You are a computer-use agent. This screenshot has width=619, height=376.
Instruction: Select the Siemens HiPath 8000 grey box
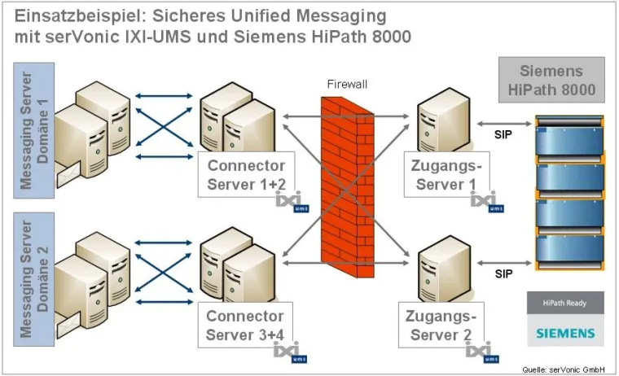tap(551, 79)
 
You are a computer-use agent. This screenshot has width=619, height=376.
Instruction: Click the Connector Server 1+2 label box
tap(246, 174)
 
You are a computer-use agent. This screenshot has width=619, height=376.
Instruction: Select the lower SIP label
tap(503, 274)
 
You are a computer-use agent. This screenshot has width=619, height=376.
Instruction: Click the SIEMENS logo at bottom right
tap(566, 333)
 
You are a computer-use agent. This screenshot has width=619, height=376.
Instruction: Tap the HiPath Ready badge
tap(566, 303)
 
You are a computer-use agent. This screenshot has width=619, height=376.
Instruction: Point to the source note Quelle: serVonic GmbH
tap(567, 369)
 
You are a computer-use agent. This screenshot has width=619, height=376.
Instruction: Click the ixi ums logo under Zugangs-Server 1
tap(487, 202)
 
